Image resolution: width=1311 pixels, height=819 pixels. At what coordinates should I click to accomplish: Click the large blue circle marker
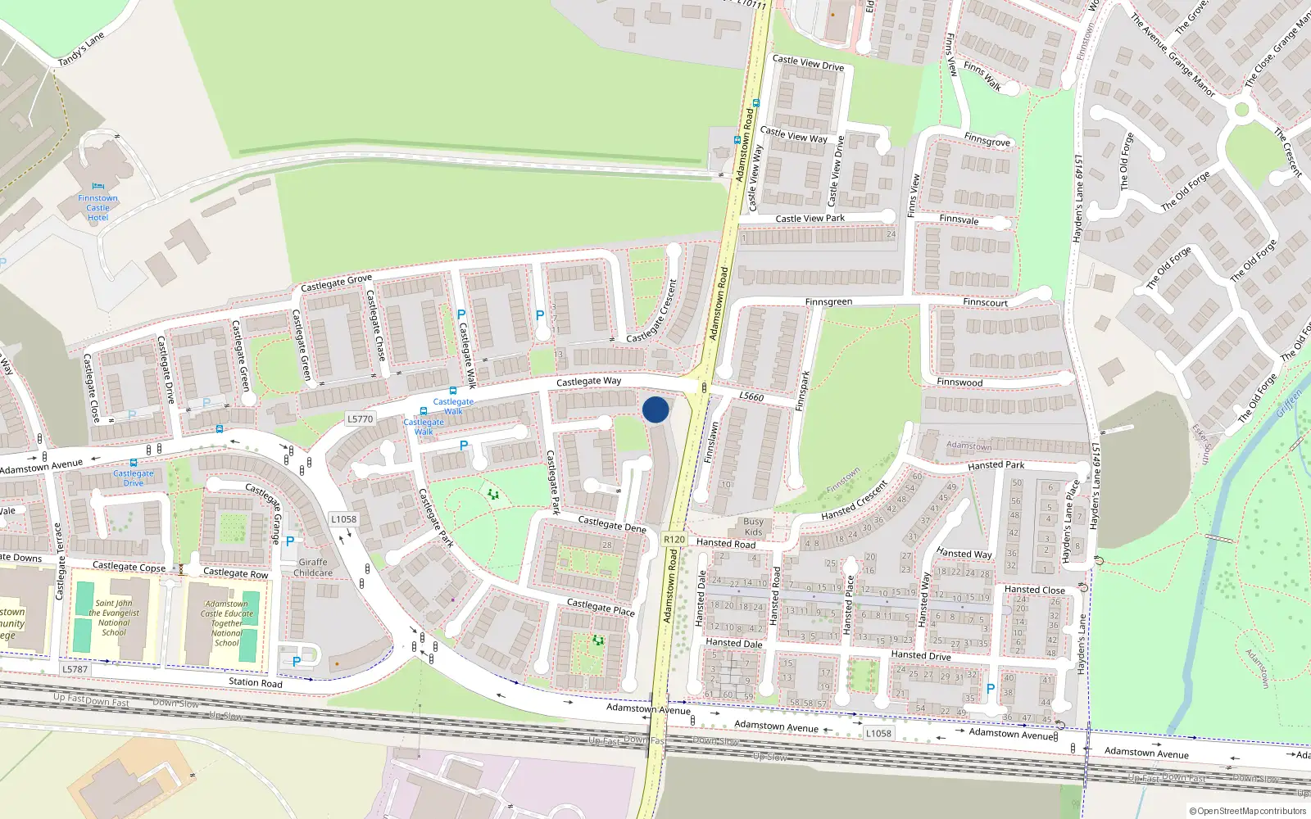(655, 409)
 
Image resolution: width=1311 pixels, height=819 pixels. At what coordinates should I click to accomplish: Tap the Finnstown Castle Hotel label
(98, 208)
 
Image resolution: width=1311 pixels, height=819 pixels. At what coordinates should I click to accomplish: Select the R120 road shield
(674, 539)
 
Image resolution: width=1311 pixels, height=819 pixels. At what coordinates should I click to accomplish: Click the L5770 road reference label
(360, 419)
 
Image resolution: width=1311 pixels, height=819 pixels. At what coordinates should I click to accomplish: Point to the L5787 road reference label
(75, 669)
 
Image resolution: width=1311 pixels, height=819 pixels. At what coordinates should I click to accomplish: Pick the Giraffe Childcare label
(313, 568)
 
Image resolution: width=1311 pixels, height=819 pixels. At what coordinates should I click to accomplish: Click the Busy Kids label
(753, 527)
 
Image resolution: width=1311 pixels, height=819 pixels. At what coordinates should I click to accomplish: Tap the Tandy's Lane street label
(81, 50)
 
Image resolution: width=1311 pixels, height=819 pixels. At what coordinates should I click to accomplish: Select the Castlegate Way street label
(588, 382)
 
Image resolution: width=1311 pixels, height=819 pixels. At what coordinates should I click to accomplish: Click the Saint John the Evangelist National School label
(113, 618)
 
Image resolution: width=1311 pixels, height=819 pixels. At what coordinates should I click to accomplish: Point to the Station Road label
(255, 682)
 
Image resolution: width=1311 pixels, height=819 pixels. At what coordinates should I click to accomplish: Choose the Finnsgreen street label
(828, 302)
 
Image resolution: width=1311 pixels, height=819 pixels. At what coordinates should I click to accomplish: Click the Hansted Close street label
(1034, 590)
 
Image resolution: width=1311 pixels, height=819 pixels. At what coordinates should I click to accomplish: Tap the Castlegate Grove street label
(336, 283)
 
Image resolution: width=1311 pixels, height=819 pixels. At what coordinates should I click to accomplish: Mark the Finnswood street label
(959, 382)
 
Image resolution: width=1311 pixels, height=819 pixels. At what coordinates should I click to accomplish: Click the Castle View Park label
(810, 219)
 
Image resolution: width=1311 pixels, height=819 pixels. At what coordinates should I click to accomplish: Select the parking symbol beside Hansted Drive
(990, 690)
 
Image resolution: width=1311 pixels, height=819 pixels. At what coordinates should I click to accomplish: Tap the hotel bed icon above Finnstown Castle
(98, 186)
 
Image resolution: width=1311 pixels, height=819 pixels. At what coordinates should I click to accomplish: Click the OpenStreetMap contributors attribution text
(1248, 812)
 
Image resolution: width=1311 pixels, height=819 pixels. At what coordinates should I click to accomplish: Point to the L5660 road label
(751, 396)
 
